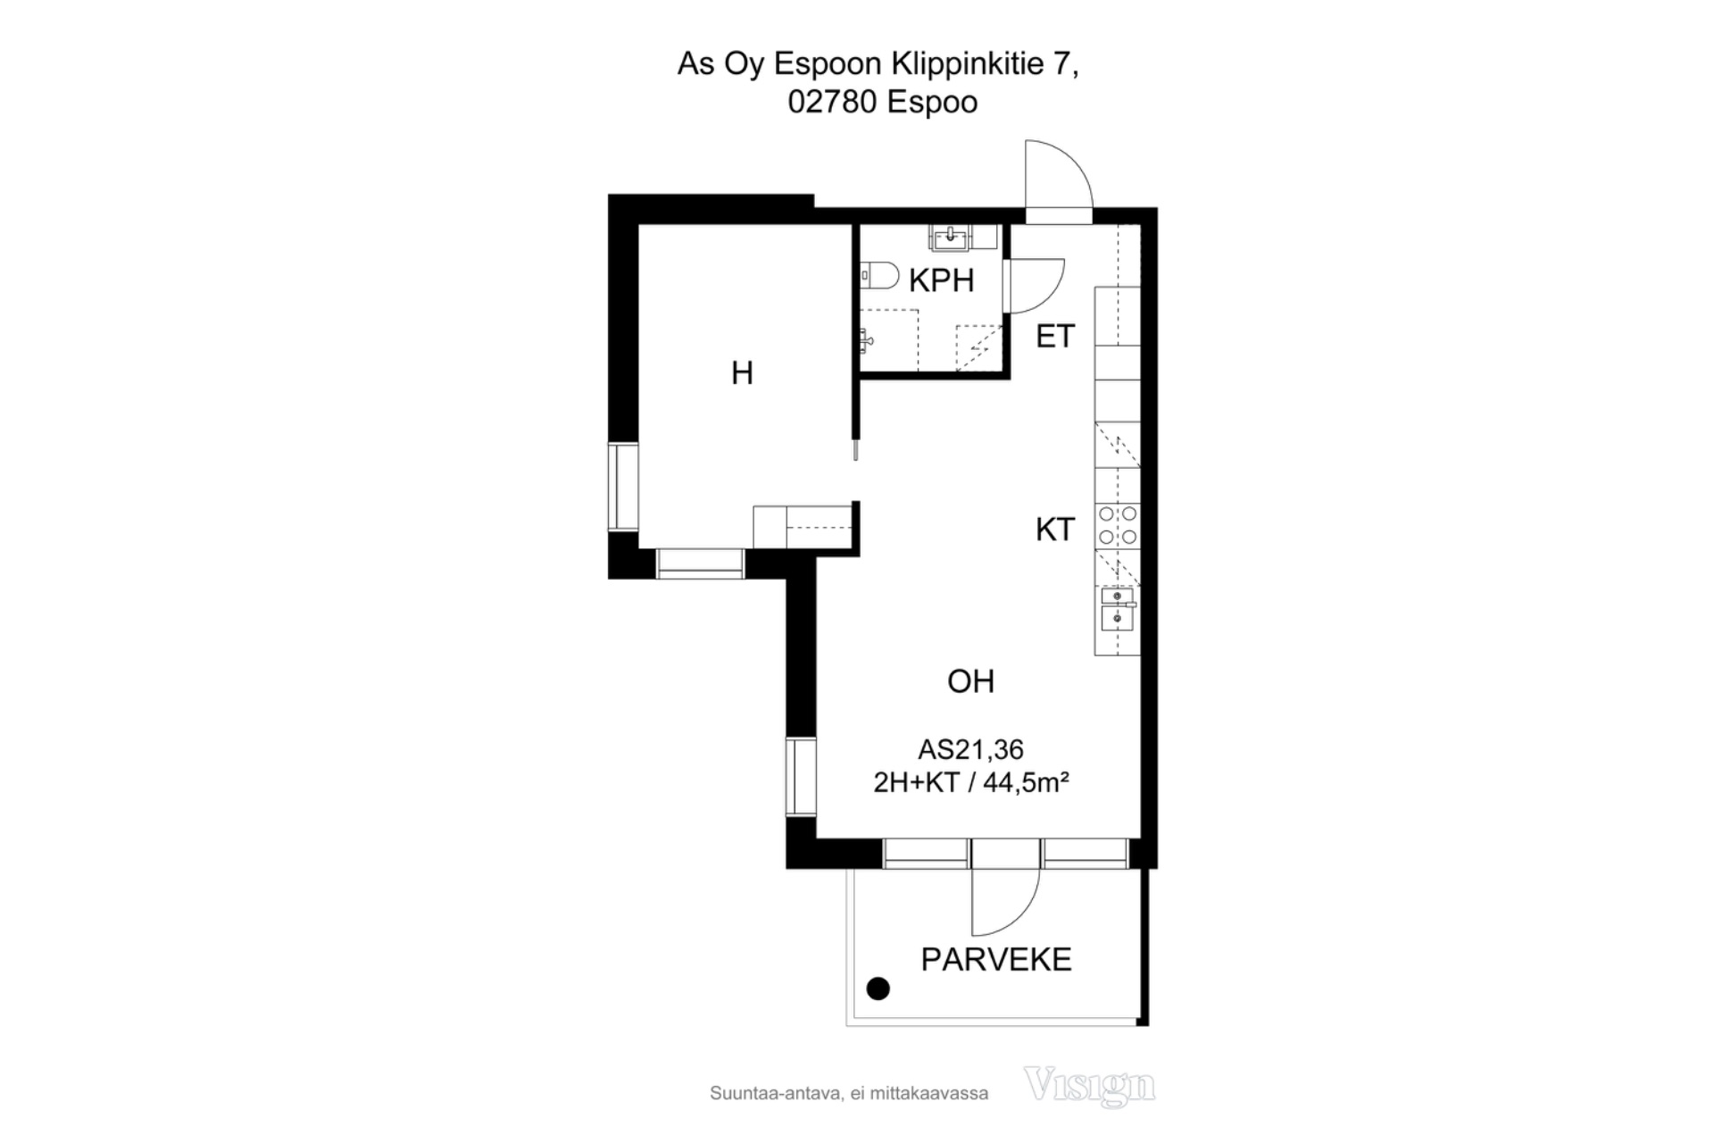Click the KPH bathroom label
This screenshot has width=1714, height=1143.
coord(941,280)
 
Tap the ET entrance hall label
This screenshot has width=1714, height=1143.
coord(1055,337)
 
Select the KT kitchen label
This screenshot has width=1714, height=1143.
coord(1054,530)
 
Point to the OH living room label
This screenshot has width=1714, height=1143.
coord(970,681)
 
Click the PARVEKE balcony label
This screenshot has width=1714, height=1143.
coord(996,959)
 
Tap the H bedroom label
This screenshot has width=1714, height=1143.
coord(742,372)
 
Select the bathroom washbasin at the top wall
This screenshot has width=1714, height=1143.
coord(952,237)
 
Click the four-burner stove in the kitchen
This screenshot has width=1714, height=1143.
coord(1118,525)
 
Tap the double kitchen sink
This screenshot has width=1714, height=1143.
coord(1118,608)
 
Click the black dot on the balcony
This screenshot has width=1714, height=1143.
coord(878,989)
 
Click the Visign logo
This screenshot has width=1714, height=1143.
coord(1089,1086)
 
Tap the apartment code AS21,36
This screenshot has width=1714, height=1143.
coord(970,749)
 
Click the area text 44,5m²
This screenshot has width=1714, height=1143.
coord(1026,783)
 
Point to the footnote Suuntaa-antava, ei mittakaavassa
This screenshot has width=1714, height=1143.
coord(849,1093)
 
